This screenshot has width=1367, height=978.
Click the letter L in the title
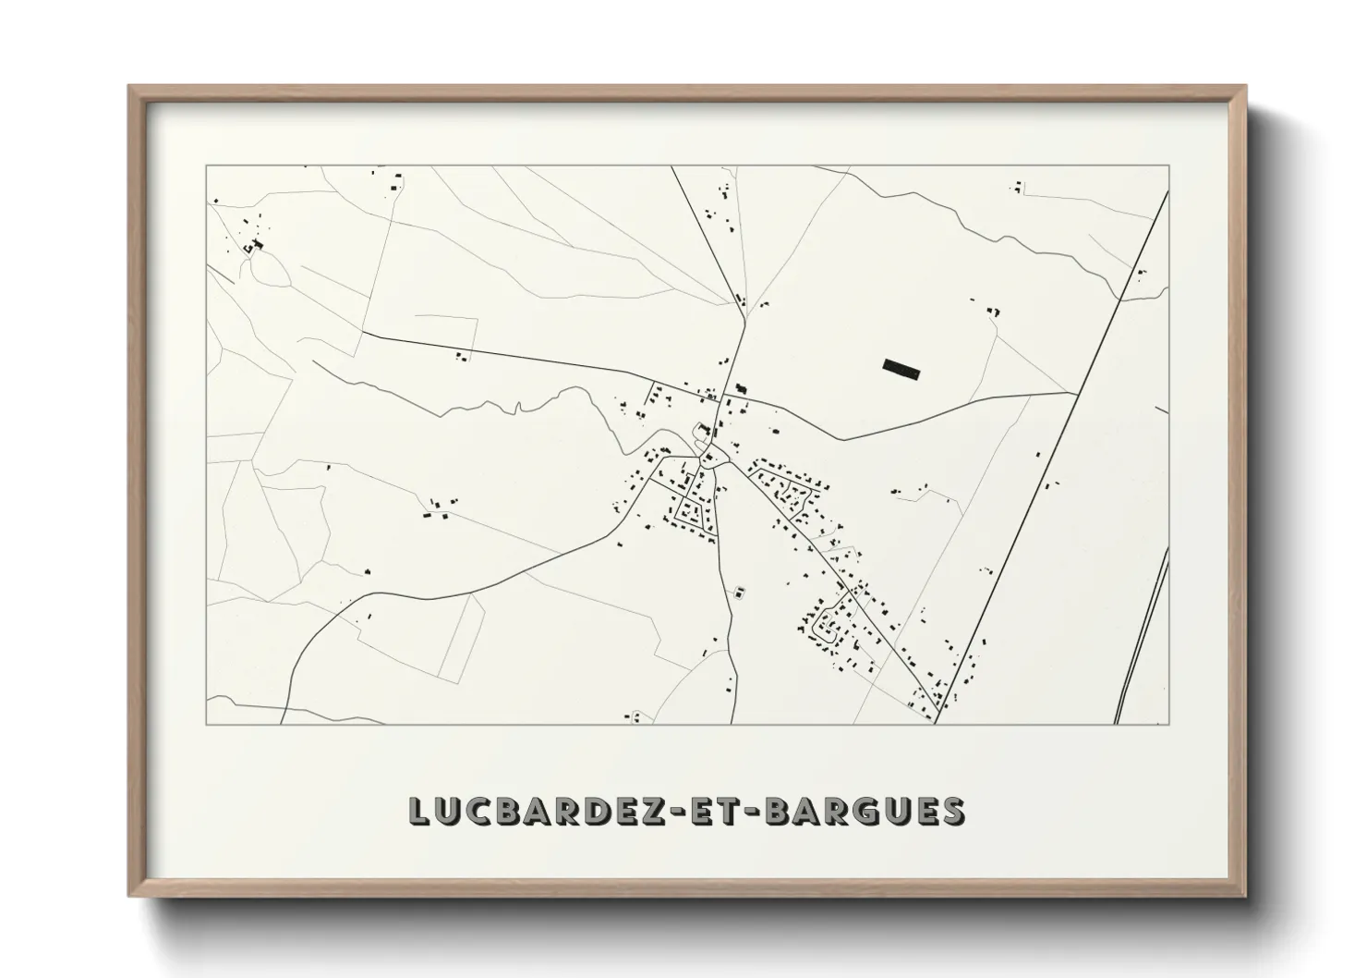point(419,811)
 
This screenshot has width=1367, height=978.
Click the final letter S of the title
point(952,811)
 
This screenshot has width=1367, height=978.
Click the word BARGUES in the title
point(867,811)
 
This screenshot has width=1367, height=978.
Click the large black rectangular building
point(901,369)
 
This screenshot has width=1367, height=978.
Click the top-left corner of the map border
point(206,166)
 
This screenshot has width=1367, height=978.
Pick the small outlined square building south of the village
point(738,591)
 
